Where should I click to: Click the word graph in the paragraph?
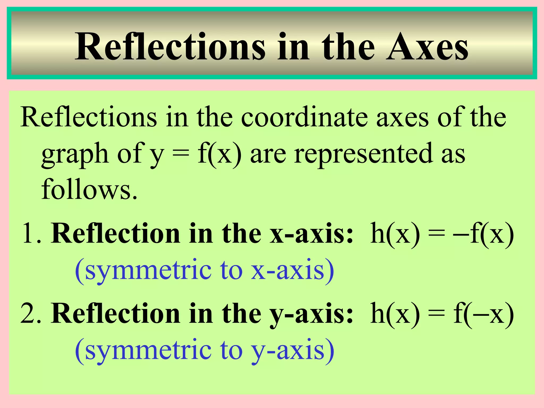pos(75,154)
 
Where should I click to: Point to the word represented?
pos(363,154)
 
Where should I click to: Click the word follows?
pos(89,189)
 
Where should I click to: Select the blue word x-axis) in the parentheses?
pos(292,271)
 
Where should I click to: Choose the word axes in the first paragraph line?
pos(403,118)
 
